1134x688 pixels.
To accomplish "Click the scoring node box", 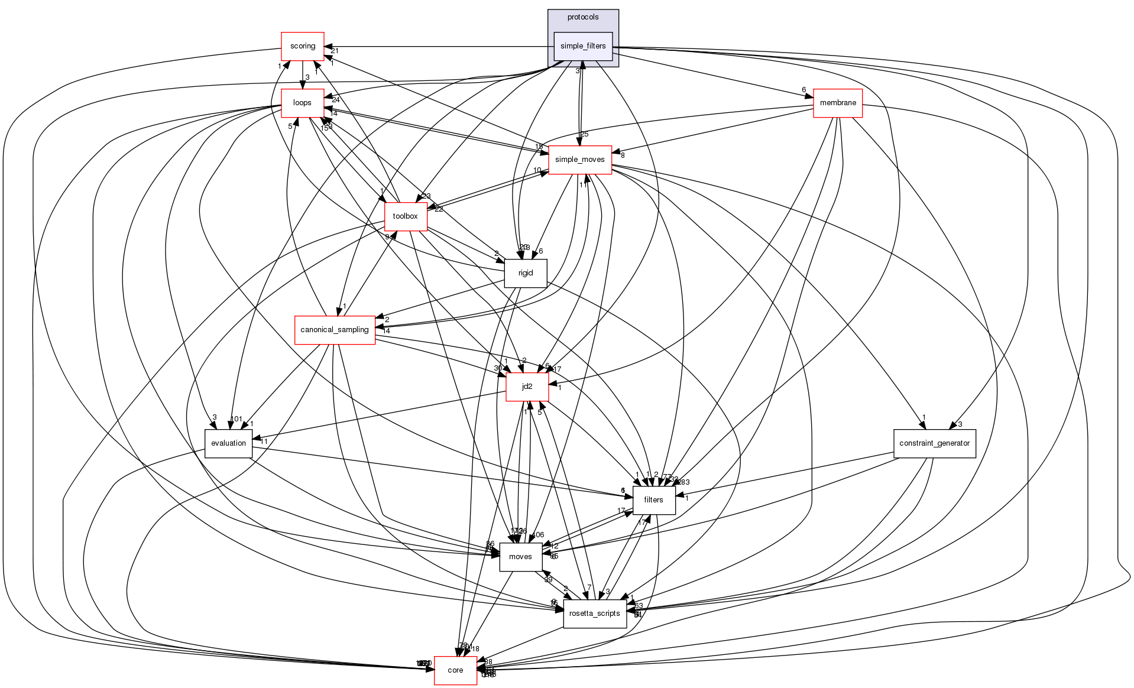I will (x=302, y=46).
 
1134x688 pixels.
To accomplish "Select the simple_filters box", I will (x=582, y=46).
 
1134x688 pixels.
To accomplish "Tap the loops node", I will (x=302, y=103).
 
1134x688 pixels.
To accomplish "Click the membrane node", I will (x=838, y=103).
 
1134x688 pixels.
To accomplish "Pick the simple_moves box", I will (x=579, y=160).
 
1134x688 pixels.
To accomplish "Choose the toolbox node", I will (x=405, y=216).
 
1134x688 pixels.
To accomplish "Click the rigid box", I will (x=525, y=273).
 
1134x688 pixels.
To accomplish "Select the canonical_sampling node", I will (x=335, y=330).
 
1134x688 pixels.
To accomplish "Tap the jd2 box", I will (x=527, y=387).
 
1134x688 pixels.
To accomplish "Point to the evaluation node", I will (x=228, y=443).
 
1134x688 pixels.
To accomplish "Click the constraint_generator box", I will (x=934, y=443).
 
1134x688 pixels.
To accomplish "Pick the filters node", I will (x=653, y=500).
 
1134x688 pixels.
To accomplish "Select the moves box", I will (x=520, y=557).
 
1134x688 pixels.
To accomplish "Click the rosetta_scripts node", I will (x=594, y=614).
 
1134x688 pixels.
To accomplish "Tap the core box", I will (x=455, y=670).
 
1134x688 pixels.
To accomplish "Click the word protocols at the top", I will (x=582, y=17).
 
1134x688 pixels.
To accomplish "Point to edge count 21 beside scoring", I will (x=335, y=51).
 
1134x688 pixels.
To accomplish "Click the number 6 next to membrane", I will (x=803, y=90).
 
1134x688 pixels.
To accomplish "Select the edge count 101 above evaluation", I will (x=236, y=419).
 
